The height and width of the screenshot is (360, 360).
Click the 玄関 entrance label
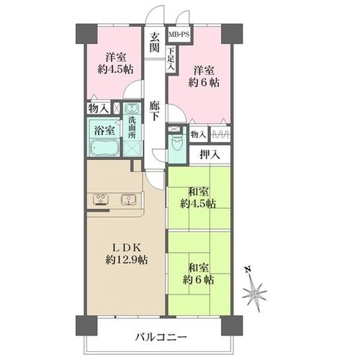(155, 42)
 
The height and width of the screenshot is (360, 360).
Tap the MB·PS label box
(179, 35)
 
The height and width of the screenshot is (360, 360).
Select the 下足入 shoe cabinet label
(171, 59)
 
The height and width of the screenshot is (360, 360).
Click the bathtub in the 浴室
(104, 148)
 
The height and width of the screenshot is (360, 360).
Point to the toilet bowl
(177, 143)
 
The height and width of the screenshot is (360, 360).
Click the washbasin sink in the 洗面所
(132, 109)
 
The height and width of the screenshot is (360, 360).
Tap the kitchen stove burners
(102, 199)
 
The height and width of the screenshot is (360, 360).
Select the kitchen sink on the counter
(129, 199)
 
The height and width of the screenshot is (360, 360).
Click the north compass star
(254, 293)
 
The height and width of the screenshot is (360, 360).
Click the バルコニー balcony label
(161, 338)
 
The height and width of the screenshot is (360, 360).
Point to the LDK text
(125, 247)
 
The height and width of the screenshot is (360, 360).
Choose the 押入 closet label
(210, 155)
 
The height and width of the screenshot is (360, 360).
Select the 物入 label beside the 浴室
(98, 109)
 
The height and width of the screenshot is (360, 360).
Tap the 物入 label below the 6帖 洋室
(198, 135)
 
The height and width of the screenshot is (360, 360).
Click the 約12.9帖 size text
(127, 260)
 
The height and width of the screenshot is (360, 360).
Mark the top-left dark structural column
(86, 34)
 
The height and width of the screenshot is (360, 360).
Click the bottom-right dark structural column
(232, 325)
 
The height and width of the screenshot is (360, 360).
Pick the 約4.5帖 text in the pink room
(115, 70)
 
